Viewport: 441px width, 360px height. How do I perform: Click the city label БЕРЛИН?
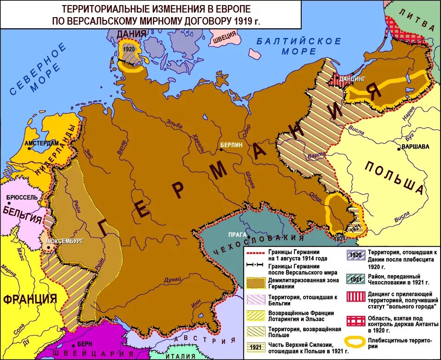(x=231, y=145)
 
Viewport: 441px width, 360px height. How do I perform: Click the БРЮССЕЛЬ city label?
(x=22, y=197)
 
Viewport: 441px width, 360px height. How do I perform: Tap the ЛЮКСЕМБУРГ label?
(x=65, y=242)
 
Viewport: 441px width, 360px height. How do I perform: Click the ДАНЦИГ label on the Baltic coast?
(x=351, y=79)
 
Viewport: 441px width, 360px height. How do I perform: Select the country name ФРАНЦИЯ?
(x=30, y=298)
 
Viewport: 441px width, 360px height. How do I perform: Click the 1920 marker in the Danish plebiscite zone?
(x=129, y=49)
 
